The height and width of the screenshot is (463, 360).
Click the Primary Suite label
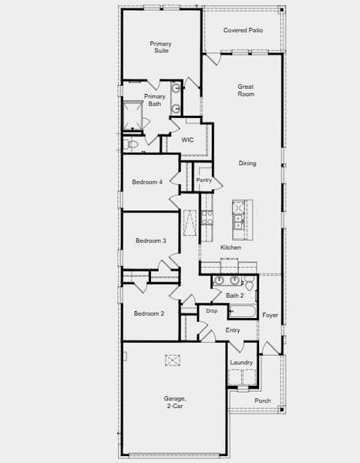tap(160, 48)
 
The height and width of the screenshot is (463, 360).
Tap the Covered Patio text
tap(243, 30)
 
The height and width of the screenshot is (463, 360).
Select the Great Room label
tap(246, 92)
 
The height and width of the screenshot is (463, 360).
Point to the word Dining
tap(247, 164)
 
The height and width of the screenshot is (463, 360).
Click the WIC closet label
tap(187, 140)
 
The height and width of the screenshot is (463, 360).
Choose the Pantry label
tap(204, 180)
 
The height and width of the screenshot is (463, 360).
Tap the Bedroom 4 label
tap(147, 182)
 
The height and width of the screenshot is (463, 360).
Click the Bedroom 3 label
tap(150, 241)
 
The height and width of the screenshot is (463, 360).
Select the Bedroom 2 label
tap(149, 313)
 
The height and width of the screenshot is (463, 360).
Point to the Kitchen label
tap(230, 248)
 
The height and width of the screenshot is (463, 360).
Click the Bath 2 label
tap(234, 295)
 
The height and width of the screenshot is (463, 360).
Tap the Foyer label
tap(270, 315)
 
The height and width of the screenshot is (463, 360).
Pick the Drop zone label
tap(211, 311)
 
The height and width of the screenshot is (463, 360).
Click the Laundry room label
tap(241, 362)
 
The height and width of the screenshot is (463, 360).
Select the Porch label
tap(263, 400)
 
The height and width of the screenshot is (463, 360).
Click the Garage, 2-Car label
tap(174, 402)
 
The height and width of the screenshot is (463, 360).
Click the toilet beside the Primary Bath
tap(131, 144)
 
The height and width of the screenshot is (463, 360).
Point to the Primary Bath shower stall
tap(134, 117)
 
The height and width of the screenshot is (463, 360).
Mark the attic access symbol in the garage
tap(173, 359)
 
